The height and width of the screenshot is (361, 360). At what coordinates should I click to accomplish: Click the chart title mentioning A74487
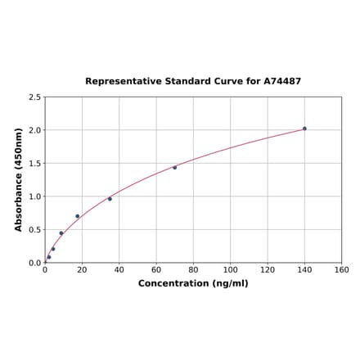tap(193, 82)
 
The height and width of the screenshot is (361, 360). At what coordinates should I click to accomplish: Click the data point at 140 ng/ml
tap(304, 129)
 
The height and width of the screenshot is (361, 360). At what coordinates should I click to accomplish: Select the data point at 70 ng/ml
tap(174, 168)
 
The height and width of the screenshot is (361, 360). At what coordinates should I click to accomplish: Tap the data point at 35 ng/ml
tap(110, 199)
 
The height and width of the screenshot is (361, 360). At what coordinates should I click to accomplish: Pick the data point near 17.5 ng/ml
tap(78, 216)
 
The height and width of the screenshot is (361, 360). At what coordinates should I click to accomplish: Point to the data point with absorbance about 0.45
tap(61, 233)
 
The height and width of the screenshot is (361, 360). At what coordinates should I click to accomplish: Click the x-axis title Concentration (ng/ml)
tap(193, 283)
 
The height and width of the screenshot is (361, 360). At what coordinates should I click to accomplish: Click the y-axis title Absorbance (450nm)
tap(19, 179)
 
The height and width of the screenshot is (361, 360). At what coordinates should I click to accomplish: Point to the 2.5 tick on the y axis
tap(35, 97)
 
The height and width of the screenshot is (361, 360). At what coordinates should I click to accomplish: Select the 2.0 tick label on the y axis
tap(35, 130)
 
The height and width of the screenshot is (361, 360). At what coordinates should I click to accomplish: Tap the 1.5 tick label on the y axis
tap(35, 164)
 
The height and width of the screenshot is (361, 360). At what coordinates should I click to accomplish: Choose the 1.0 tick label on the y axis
tap(35, 196)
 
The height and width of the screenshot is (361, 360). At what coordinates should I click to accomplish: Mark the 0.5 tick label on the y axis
tap(35, 230)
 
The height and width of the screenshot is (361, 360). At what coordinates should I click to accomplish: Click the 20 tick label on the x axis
tap(82, 270)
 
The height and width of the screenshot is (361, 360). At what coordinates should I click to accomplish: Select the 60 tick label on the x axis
tap(156, 270)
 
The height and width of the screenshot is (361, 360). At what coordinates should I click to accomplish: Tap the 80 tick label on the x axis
tap(193, 270)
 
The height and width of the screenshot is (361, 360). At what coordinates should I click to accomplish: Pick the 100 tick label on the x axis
tap(231, 270)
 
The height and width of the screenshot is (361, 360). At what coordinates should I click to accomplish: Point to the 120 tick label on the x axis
tap(268, 270)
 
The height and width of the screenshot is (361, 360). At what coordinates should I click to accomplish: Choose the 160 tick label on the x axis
tap(342, 270)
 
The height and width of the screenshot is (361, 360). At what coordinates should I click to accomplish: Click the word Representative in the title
tap(120, 82)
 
